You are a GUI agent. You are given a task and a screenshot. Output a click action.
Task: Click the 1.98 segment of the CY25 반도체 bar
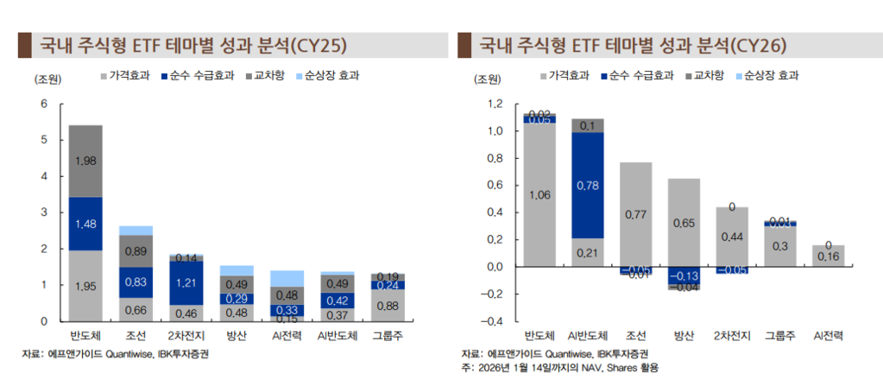[x=85, y=161]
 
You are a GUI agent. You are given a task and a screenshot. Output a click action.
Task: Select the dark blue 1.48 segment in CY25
[x=85, y=224]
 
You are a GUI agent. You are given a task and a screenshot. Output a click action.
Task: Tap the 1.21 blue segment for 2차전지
[x=186, y=283]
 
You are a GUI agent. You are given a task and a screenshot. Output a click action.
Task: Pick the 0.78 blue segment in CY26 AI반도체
[x=588, y=185]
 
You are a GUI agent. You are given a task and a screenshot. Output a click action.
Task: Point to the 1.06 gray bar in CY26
[x=539, y=195]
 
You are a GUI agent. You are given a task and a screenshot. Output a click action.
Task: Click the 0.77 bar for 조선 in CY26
[x=635, y=213]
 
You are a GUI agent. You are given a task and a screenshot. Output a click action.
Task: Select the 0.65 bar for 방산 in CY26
[x=684, y=223]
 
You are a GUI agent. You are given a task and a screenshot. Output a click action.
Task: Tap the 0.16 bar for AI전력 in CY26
[x=828, y=256]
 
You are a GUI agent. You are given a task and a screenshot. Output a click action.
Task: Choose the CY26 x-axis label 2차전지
[x=732, y=336]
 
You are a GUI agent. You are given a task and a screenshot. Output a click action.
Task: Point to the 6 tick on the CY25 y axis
[x=43, y=104]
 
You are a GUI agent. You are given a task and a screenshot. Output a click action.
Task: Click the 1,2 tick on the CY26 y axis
[x=495, y=104]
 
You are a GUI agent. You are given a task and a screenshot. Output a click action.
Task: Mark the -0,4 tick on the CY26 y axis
[x=493, y=321]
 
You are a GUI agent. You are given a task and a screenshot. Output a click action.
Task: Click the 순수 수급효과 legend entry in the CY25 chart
[x=201, y=76]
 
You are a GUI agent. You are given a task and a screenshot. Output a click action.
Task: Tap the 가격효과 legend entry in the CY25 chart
[x=129, y=76]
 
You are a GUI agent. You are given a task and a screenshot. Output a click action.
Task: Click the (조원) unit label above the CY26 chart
[x=488, y=80]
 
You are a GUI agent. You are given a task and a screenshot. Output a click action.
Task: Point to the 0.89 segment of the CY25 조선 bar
[x=136, y=251]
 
